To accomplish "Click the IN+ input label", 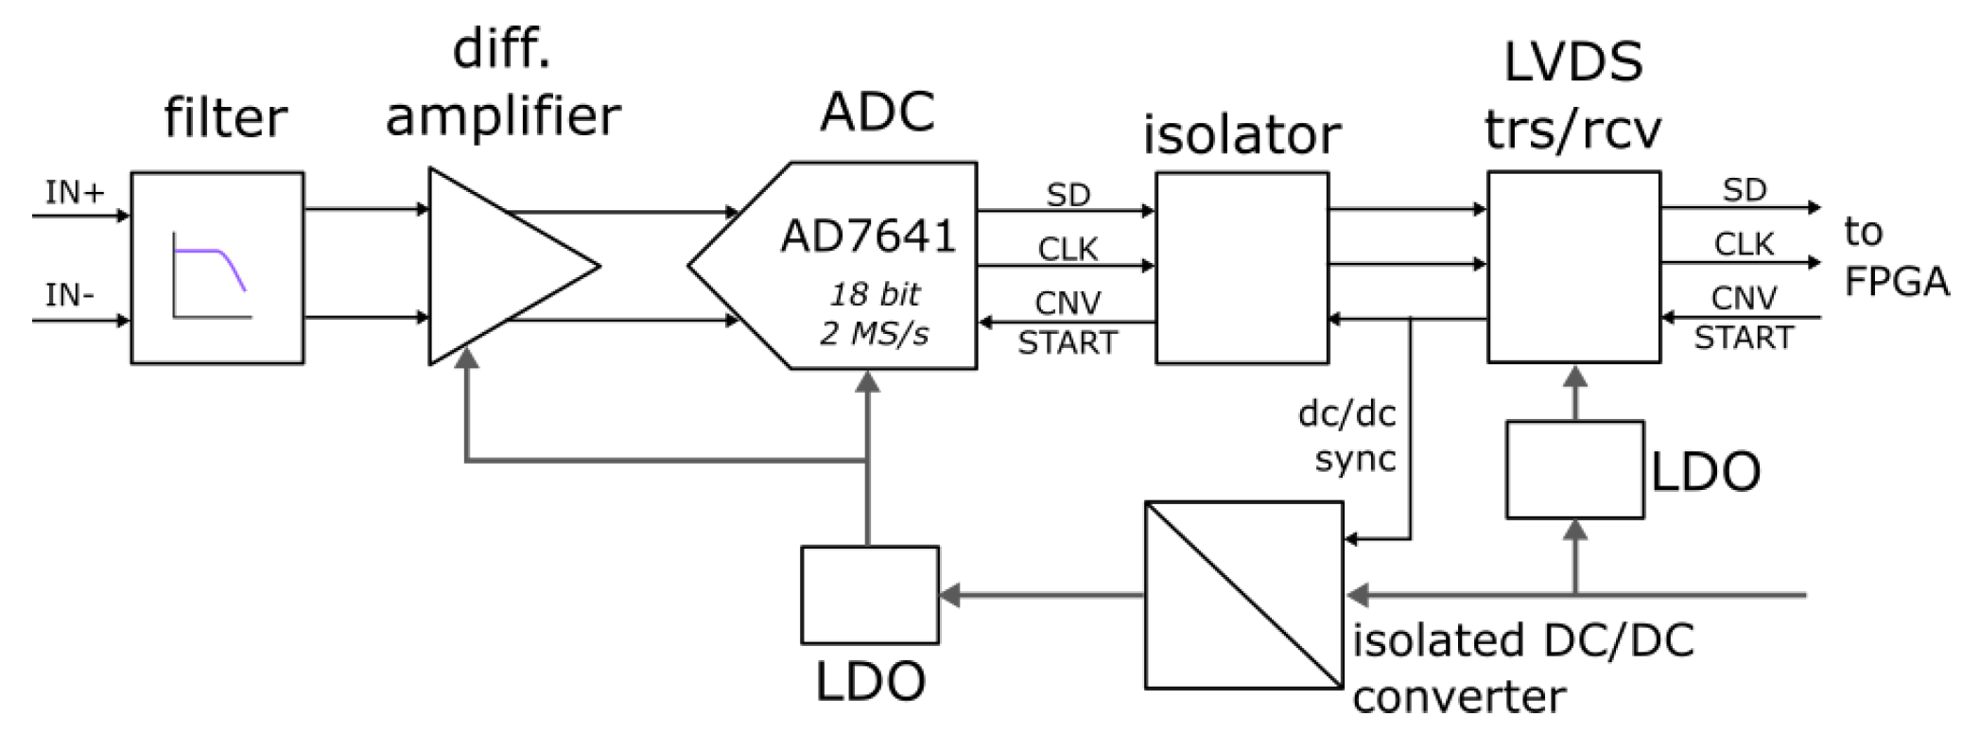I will pyautogui.click(x=73, y=193).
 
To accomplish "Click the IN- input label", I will pyautogui.click(x=69, y=295).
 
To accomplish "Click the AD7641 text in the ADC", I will pyautogui.click(x=868, y=236).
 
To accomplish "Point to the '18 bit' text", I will pyautogui.click(x=875, y=295).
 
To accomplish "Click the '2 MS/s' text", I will pyautogui.click(x=875, y=334).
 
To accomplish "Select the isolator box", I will pyautogui.click(x=1242, y=268).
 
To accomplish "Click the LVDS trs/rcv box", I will pyautogui.click(x=1573, y=267).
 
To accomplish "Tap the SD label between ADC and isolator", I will pyautogui.click(x=1068, y=195).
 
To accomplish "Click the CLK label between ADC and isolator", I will pyautogui.click(x=1068, y=249).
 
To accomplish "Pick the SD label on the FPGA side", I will pyautogui.click(x=1744, y=190).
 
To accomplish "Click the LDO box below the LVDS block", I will pyautogui.click(x=1573, y=470).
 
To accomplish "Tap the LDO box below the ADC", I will pyautogui.click(x=869, y=595).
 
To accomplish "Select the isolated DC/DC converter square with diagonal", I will pyautogui.click(x=1242, y=595).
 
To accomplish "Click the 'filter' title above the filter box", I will pyautogui.click(x=225, y=118).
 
